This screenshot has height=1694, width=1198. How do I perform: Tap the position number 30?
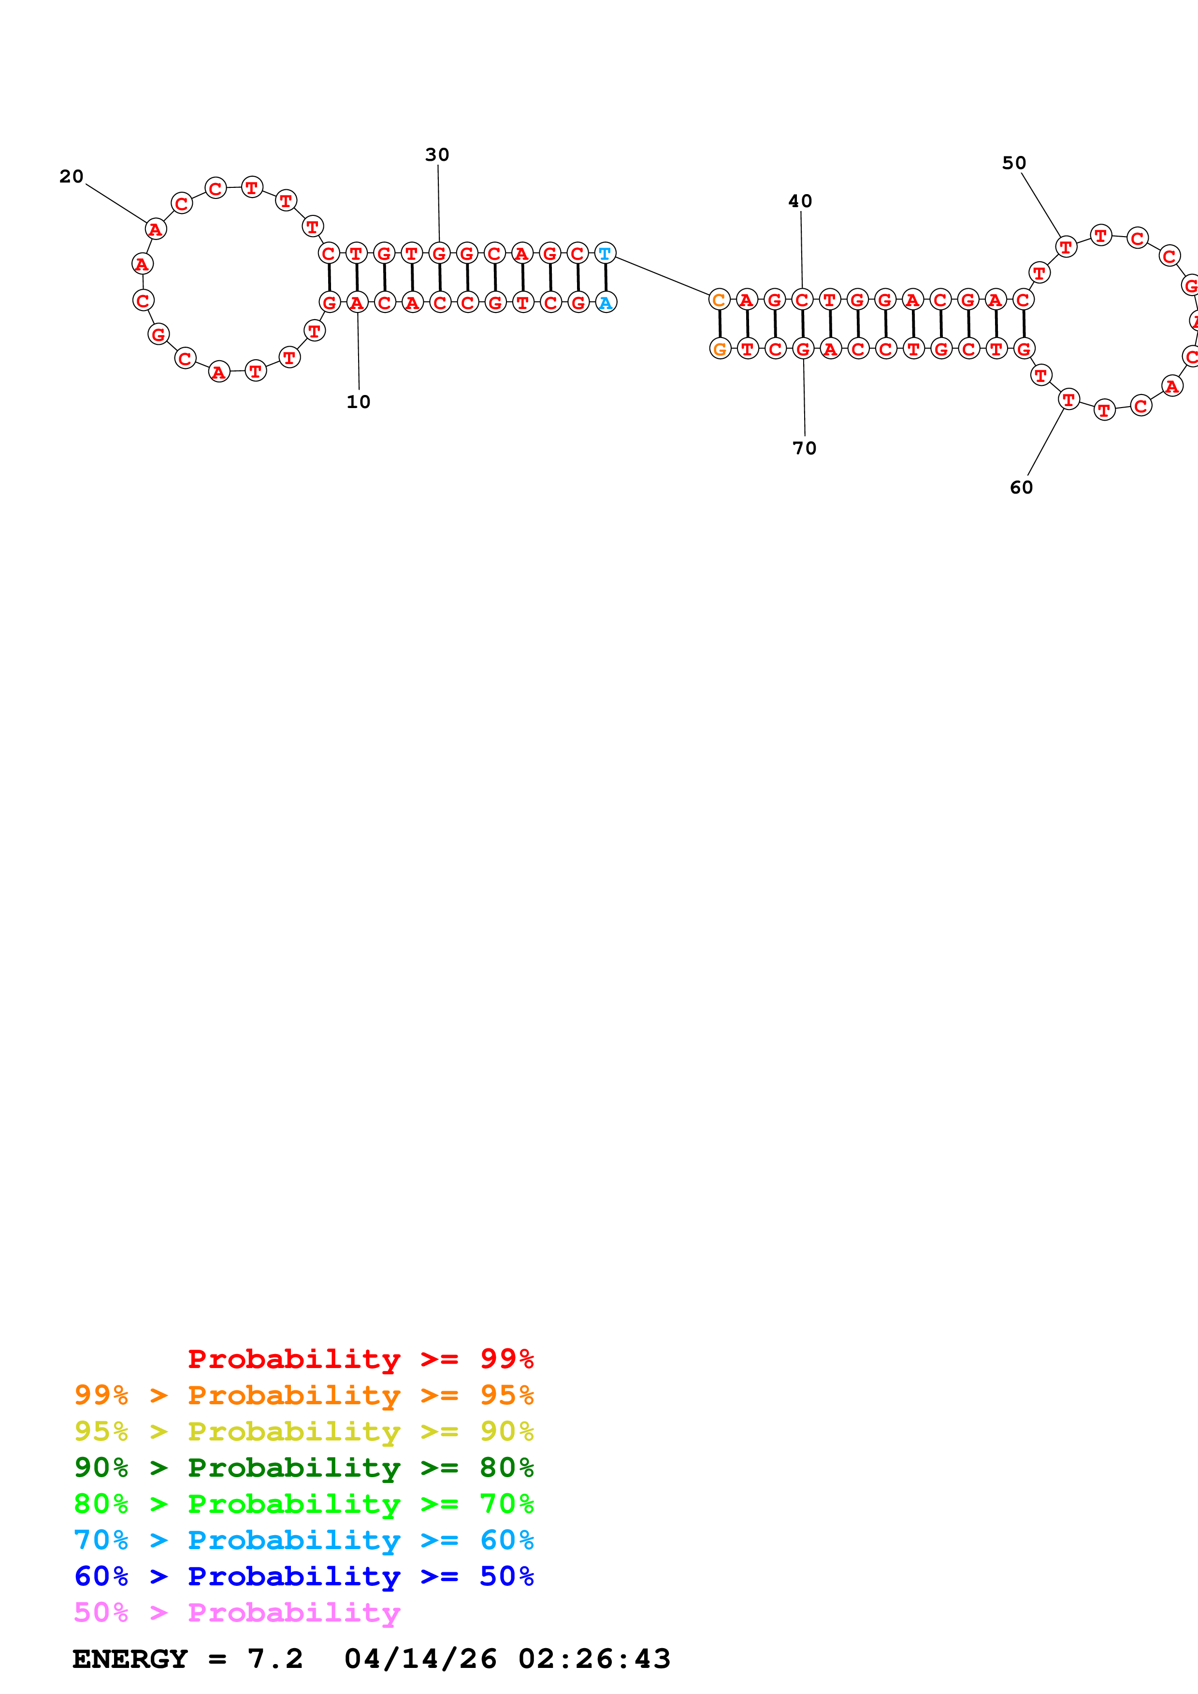click(437, 155)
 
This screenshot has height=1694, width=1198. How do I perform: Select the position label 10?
click(359, 402)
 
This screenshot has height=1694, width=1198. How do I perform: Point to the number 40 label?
click(800, 201)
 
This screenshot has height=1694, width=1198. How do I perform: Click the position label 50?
click(1014, 163)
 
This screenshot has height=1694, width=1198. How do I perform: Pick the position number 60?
click(1022, 488)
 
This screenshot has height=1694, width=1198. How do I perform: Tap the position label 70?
click(805, 449)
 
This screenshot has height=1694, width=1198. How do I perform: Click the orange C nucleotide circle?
click(719, 299)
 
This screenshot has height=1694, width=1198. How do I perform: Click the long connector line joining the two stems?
click(662, 276)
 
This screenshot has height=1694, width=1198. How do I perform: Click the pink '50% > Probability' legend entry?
click(236, 1613)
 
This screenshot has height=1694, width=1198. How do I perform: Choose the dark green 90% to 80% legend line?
click(303, 1468)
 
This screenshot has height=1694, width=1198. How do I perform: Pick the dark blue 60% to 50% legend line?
click(303, 1577)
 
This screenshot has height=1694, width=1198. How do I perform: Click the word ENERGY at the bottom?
click(130, 1659)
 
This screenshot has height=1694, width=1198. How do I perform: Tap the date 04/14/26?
click(420, 1659)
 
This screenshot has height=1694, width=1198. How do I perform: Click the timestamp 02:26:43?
click(594, 1659)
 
